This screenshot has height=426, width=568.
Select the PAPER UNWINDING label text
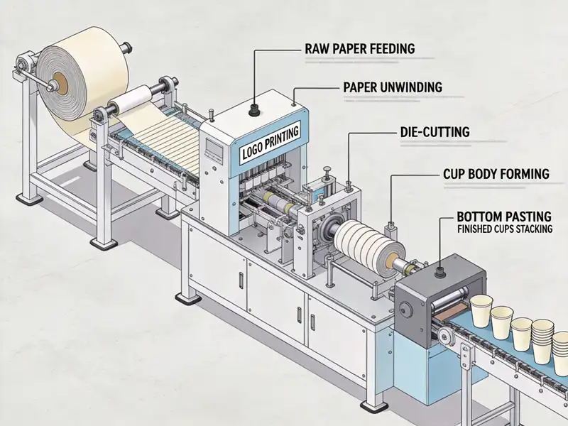pos(393,87)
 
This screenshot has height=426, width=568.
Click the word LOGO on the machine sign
pos(253,151)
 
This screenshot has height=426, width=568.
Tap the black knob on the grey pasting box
pos(439,270)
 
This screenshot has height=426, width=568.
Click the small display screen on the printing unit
pos(212,150)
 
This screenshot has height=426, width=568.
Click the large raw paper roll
pos(82,78)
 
